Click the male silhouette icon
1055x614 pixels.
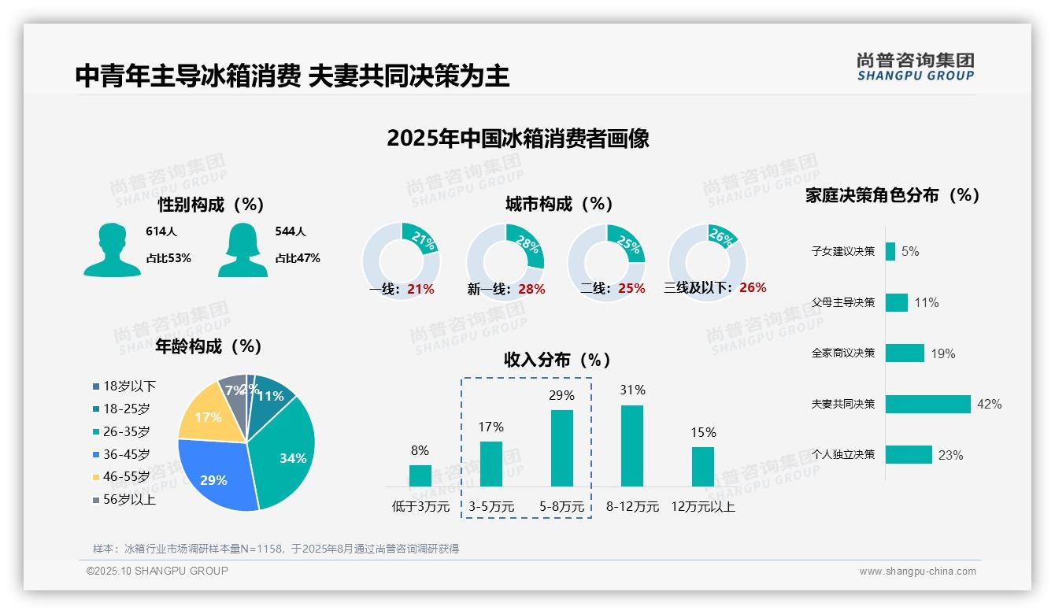click(112, 250)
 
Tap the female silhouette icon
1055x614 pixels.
click(242, 250)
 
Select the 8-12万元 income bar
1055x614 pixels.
click(632, 446)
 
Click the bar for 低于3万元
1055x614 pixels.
click(420, 475)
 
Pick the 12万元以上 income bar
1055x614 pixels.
click(703, 467)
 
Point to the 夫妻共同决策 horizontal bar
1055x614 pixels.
click(927, 404)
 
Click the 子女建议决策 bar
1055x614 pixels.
click(890, 251)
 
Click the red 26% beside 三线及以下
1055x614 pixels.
click(753, 287)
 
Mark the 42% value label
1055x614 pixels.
click(989, 404)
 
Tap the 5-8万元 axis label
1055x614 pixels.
click(561, 507)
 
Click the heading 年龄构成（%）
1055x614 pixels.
click(209, 346)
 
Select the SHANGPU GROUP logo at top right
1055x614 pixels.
click(915, 67)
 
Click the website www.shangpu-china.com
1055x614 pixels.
click(917, 571)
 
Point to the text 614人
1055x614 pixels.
click(161, 231)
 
